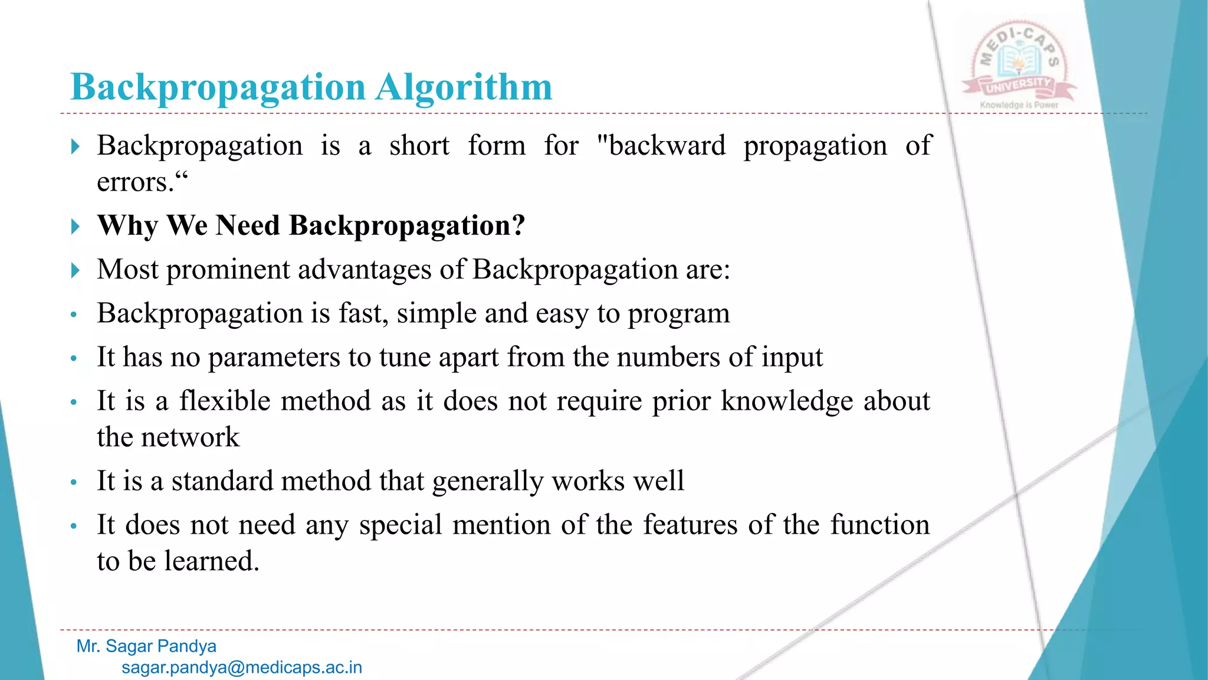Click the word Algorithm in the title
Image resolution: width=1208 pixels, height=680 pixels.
[464, 87]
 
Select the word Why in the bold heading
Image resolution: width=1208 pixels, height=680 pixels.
[127, 226]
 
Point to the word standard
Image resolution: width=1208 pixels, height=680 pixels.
[222, 480]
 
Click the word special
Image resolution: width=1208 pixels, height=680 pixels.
[401, 525]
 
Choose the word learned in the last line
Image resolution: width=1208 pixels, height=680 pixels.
[211, 561]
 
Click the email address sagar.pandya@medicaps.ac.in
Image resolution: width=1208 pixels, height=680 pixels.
[242, 668]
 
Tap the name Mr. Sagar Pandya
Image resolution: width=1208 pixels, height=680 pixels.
[146, 646]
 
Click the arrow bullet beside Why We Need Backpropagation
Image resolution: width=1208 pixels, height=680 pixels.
[75, 226]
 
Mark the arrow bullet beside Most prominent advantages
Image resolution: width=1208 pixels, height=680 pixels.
[75, 270]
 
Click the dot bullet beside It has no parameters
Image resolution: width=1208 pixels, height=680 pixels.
[74, 358]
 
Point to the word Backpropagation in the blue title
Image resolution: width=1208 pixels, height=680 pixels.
[218, 87]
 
